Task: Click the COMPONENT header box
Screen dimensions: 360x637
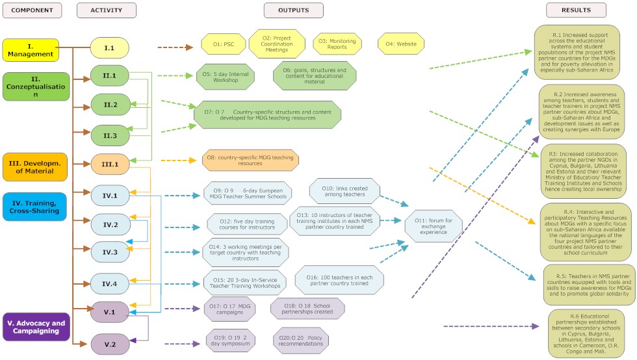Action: (31, 10)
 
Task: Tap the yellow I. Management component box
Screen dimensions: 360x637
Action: (31, 50)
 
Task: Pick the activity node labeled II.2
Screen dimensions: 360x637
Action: (109, 105)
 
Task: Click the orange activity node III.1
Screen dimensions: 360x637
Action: (109, 164)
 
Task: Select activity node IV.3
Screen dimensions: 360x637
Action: (109, 252)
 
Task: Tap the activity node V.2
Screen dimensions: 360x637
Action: (109, 344)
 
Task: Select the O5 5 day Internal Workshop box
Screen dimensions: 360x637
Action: (225, 76)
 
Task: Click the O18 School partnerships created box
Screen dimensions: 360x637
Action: (307, 309)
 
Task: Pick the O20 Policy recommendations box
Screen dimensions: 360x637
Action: (306, 340)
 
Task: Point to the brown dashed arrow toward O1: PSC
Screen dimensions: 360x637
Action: (175, 47)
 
